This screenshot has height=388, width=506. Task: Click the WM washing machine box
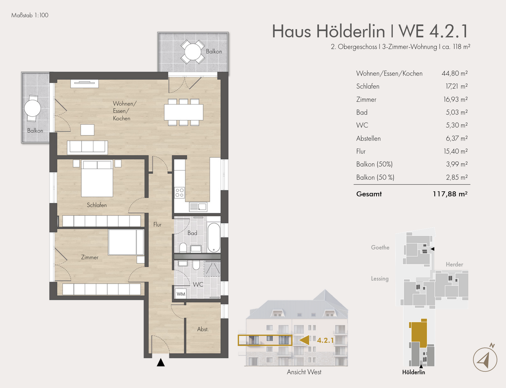pyautogui.click(x=181, y=294)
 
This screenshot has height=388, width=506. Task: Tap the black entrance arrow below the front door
pyautogui.click(x=161, y=363)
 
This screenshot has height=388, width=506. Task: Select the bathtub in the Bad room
pyautogui.click(x=214, y=238)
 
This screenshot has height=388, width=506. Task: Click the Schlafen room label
pyautogui.click(x=97, y=205)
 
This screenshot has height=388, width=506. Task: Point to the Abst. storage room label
pyautogui.click(x=203, y=329)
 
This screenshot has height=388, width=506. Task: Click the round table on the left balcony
pyautogui.click(x=33, y=108)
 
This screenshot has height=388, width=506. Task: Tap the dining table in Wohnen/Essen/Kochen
pyautogui.click(x=183, y=112)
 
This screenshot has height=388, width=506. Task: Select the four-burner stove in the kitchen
pyautogui.click(x=180, y=193)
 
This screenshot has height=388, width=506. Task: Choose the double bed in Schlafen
pyautogui.click(x=97, y=178)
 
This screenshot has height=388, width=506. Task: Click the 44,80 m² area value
pyautogui.click(x=454, y=73)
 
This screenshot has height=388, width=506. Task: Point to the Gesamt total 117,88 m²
pyautogui.click(x=450, y=194)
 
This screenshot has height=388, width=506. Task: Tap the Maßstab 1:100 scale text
pyautogui.click(x=30, y=15)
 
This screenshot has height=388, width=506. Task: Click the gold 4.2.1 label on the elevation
pyautogui.click(x=325, y=340)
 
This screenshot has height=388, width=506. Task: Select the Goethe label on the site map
pyautogui.click(x=380, y=248)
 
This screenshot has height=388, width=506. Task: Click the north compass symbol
pyautogui.click(x=485, y=359)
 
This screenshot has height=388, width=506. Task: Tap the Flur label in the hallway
pyautogui.click(x=157, y=225)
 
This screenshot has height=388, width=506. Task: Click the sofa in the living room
pyautogui.click(x=87, y=147)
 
